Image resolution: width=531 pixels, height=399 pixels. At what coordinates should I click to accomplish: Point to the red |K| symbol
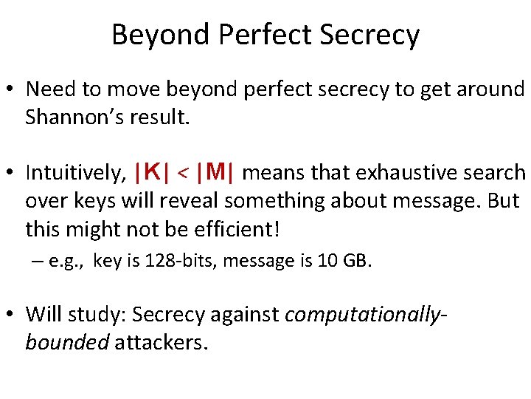(x=153, y=173)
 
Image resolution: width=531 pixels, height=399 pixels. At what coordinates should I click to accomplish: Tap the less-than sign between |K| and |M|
(x=184, y=174)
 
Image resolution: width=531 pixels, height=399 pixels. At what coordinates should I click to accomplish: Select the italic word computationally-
(x=365, y=315)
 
